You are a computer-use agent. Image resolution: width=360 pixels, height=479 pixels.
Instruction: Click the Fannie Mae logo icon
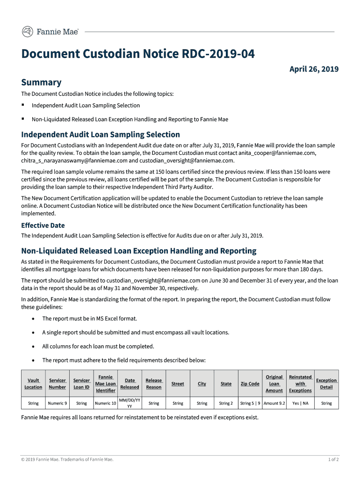[28, 32]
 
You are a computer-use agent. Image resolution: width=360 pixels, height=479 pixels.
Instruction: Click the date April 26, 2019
[314, 69]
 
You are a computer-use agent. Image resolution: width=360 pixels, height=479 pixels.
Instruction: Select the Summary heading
[41, 82]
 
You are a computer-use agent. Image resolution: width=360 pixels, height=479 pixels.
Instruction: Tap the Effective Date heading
[43, 225]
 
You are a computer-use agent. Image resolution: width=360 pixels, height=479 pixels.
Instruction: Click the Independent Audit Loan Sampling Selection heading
[101, 135]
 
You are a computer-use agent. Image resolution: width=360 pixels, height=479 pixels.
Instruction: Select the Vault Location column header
[33, 384]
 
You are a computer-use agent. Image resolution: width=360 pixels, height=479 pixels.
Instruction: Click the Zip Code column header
[250, 384]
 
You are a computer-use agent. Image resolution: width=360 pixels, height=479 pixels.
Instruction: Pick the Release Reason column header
[154, 384]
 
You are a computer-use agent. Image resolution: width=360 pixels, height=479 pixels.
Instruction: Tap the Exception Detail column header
[326, 384]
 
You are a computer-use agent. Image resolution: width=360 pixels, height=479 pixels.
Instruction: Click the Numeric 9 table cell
[58, 403]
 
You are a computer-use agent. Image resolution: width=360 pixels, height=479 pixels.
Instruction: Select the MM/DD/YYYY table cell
[130, 403]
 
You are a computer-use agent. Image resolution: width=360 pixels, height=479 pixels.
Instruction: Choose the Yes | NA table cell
[300, 403]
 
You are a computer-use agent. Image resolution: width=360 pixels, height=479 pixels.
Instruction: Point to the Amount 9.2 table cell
[274, 403]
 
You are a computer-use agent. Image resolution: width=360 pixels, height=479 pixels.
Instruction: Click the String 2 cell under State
[226, 403]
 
